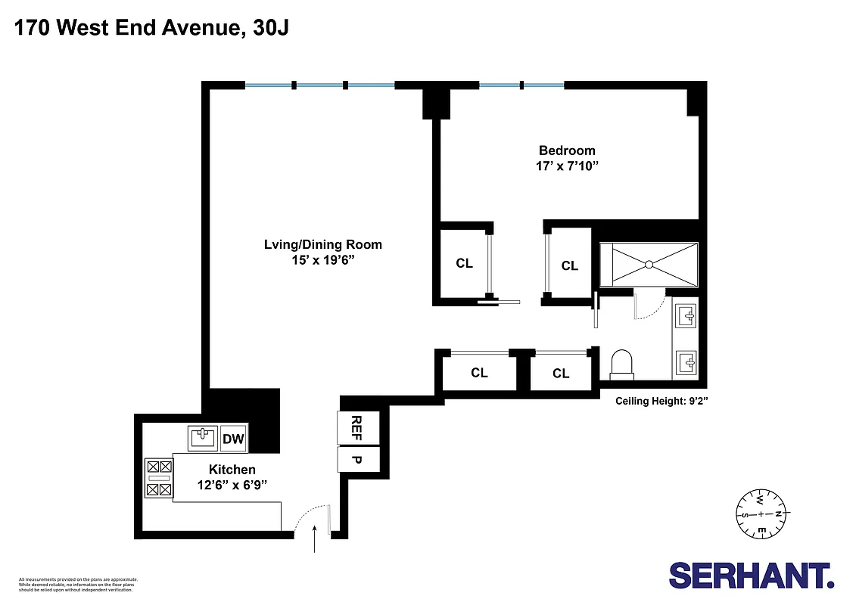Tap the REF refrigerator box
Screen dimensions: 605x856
[x=351, y=428]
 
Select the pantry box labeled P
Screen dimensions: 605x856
[x=351, y=459]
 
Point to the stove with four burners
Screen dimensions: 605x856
[x=159, y=478]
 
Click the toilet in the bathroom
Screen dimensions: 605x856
[x=621, y=364]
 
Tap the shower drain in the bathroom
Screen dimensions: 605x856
[x=648, y=264]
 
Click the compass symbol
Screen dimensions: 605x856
[x=761, y=515]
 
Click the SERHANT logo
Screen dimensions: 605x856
[x=751, y=575]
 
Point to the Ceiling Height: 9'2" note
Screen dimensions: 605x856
[x=661, y=402]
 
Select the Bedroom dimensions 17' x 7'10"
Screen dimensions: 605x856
[x=567, y=166]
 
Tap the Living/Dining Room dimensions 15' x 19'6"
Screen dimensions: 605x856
[x=322, y=259]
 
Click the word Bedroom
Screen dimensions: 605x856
[x=567, y=150]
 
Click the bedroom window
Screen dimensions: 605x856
[x=521, y=85]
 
